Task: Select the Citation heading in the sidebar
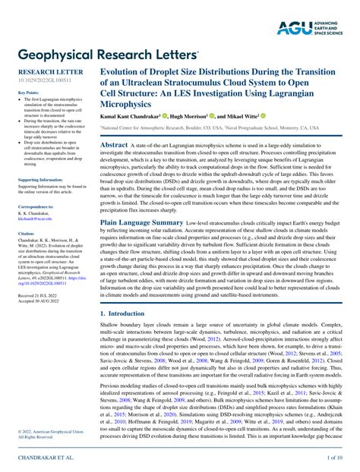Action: (26, 234)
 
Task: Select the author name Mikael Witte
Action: (238, 117)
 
